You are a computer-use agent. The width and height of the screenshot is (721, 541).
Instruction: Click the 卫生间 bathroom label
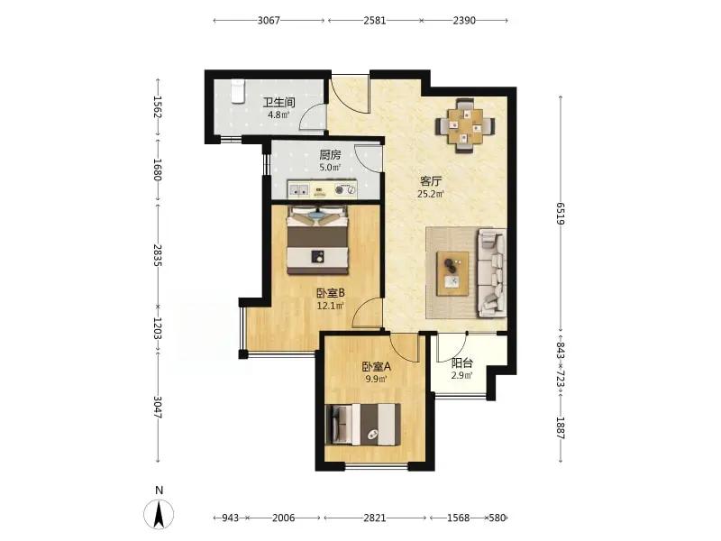click(x=278, y=102)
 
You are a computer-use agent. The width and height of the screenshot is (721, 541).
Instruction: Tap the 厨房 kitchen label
click(x=330, y=155)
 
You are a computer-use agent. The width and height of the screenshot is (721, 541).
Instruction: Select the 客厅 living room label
click(x=431, y=181)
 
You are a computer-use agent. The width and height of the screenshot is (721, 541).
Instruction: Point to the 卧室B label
click(x=331, y=292)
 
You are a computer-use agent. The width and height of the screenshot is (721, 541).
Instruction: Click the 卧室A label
click(x=376, y=367)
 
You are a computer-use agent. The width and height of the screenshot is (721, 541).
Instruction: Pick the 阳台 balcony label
click(x=462, y=363)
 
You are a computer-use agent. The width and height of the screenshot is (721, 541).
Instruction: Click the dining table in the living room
click(x=465, y=125)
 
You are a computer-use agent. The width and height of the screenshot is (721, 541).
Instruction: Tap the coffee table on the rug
click(x=452, y=274)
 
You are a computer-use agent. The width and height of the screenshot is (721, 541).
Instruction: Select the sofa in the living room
click(x=491, y=273)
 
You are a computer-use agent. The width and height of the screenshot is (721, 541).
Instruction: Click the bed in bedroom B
click(x=317, y=240)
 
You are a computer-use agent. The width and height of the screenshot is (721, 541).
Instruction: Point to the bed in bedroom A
click(x=363, y=424)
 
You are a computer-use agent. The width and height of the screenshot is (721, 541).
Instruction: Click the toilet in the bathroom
click(x=237, y=92)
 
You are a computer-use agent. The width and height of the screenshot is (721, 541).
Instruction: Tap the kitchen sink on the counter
click(x=299, y=189)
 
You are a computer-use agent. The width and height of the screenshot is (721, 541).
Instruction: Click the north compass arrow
click(x=160, y=514)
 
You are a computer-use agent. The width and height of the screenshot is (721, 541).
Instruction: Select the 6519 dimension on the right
click(x=560, y=214)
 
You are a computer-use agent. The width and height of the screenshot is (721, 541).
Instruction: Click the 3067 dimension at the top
click(x=269, y=20)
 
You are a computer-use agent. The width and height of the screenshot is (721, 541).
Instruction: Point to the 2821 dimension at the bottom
click(x=375, y=518)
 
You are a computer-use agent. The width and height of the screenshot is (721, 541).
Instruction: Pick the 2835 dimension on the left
click(x=158, y=255)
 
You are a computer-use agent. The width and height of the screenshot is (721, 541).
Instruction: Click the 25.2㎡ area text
click(x=431, y=194)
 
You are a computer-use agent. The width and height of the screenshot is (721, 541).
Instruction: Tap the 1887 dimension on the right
click(x=560, y=427)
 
